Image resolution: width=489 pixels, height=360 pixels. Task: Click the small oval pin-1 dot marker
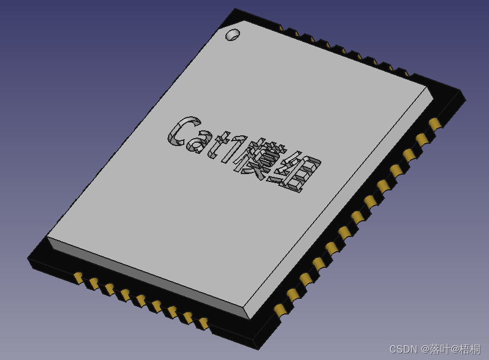[232, 35]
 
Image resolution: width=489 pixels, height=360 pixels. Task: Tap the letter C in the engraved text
[182, 131]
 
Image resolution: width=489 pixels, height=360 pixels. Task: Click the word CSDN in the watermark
[404, 349]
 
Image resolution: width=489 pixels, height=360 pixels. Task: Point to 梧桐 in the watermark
[470, 349]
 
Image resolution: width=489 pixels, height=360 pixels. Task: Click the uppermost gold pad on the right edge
[434, 123]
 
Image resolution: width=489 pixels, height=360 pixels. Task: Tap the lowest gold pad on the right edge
[279, 310]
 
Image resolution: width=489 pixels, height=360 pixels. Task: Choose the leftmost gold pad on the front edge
[78, 276]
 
